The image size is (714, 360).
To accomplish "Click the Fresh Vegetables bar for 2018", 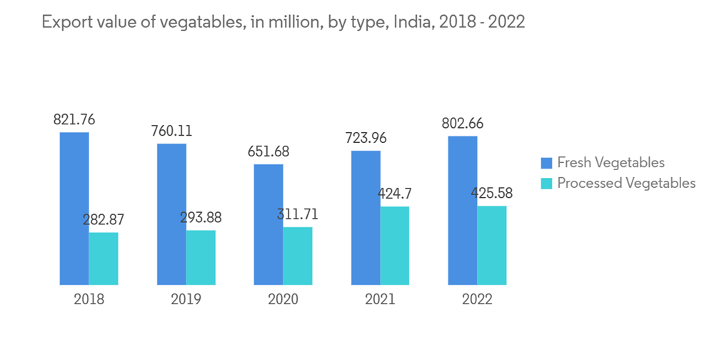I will pyautogui.click(x=74, y=209).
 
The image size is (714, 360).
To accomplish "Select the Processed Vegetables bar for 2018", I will pyautogui.click(x=104, y=259).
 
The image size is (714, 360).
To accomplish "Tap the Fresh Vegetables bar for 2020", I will pyautogui.click(x=268, y=224).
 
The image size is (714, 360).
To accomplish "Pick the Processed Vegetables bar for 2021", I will pyautogui.click(x=395, y=246).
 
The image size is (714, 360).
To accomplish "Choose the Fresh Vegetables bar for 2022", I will pyautogui.click(x=463, y=210).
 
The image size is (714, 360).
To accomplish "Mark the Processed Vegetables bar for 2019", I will pyautogui.click(x=201, y=257).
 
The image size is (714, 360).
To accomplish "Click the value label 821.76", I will pyautogui.click(x=74, y=119).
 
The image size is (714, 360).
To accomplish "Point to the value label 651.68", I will pyautogui.click(x=268, y=151).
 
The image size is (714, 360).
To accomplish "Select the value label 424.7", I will pyautogui.click(x=395, y=194).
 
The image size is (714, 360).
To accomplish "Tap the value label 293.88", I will pyautogui.click(x=201, y=217).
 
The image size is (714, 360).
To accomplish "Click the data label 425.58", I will pyautogui.click(x=491, y=193).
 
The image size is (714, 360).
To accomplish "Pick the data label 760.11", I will pyautogui.click(x=171, y=131).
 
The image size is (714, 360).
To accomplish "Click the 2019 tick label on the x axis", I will pyautogui.click(x=186, y=299).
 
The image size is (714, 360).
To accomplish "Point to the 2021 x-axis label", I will pyautogui.click(x=380, y=299).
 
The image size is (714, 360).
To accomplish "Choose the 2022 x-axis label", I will pyautogui.click(x=477, y=299).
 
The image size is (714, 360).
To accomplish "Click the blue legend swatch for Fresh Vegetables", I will pyautogui.click(x=547, y=163).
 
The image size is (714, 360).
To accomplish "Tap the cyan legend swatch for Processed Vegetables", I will pyautogui.click(x=547, y=184).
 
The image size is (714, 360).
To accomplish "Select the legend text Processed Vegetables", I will pyautogui.click(x=626, y=184).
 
